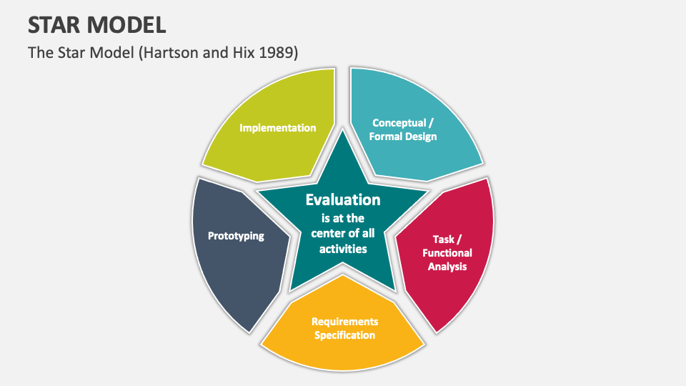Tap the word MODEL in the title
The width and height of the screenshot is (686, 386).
pyautogui.click(x=129, y=25)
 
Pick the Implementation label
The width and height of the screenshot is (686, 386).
pyautogui.click(x=277, y=128)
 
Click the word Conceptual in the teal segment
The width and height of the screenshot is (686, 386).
pyautogui.click(x=398, y=123)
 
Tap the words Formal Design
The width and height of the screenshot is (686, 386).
pyautogui.click(x=402, y=137)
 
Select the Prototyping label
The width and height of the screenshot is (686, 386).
pyautogui.click(x=236, y=236)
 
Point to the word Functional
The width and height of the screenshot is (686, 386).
pyautogui.click(x=447, y=253)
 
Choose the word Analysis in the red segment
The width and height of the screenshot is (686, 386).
pyautogui.click(x=447, y=267)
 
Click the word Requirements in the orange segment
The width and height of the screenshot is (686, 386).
pyautogui.click(x=344, y=322)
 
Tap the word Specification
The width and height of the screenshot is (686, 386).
pyautogui.click(x=344, y=335)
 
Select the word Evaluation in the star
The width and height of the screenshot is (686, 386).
pyautogui.click(x=343, y=200)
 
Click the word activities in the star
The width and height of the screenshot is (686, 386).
pyautogui.click(x=343, y=249)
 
